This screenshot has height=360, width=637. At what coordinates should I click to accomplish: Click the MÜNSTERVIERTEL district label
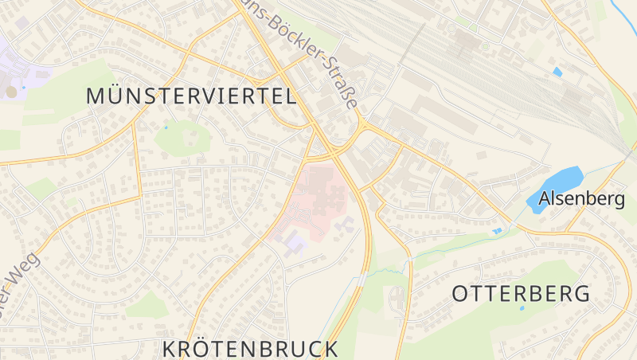(191, 96)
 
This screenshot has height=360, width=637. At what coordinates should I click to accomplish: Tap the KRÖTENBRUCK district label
(251, 349)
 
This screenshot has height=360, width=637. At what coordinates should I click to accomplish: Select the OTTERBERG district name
(522, 293)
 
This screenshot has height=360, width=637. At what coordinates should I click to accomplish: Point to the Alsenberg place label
(582, 199)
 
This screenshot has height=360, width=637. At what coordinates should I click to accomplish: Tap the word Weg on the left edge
(21, 275)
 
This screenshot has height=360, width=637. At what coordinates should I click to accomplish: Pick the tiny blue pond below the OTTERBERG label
(522, 307)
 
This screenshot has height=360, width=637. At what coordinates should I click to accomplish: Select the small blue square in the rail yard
(557, 72)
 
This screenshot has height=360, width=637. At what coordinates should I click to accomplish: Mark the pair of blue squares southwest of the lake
(498, 231)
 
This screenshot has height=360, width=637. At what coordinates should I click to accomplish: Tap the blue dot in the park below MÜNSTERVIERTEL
(166, 127)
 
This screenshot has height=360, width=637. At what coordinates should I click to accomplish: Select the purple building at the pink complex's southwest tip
(295, 241)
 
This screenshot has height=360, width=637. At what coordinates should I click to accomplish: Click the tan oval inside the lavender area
(11, 92)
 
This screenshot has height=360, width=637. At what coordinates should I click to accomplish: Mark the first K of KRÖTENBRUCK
(170, 349)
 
